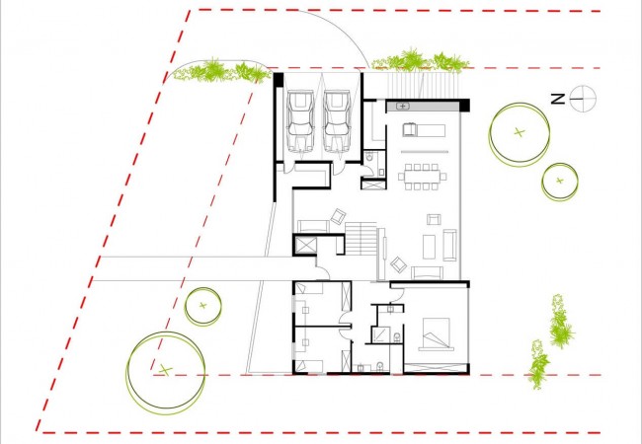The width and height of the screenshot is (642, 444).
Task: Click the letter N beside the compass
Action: pos(557,99)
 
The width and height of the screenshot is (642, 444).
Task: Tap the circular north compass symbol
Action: pos(583,99)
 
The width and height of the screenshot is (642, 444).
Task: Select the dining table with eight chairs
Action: pos(422,177)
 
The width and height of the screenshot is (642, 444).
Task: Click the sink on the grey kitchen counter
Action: pos(403,107)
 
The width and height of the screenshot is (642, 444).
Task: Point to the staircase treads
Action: pos(361,239)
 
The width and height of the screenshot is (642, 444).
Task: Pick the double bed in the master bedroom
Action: pos(436,334)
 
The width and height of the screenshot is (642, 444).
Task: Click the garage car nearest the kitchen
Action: pos(337,121)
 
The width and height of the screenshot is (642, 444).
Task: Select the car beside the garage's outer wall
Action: pos(300,121)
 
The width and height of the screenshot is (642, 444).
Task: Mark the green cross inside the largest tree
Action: pos(165,370)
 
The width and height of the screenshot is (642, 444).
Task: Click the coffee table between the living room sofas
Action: pos(429,246)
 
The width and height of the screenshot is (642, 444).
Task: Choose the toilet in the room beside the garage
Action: pos(370,157)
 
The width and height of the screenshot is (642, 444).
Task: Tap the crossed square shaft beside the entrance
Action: pos(304,246)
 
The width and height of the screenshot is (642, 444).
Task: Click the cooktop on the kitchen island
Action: pos(409,130)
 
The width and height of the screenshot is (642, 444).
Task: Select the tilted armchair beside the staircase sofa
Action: pos(338,216)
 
